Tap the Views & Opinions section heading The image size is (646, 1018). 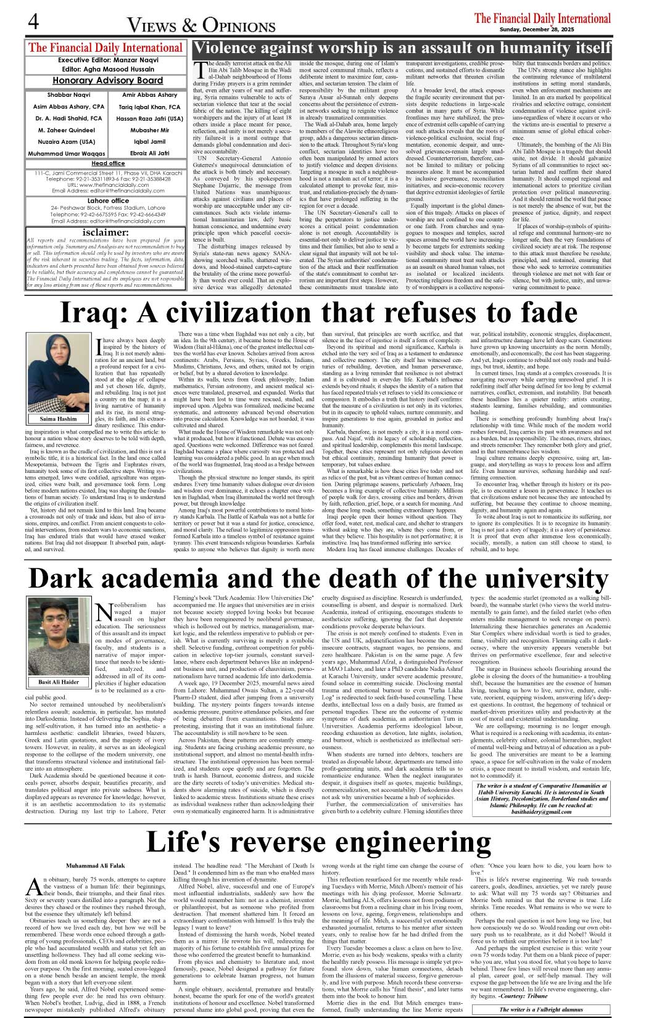(201, 25)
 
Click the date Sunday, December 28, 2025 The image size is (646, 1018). (542, 30)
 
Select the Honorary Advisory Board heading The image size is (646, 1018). (107, 81)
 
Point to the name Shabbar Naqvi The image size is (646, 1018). (68, 95)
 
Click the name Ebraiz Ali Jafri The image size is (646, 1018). (149, 153)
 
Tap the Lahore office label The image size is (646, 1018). (108, 201)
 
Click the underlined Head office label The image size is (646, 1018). (108, 163)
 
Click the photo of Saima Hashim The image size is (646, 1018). (59, 373)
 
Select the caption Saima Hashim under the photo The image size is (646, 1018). (59, 419)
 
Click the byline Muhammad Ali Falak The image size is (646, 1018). (96, 866)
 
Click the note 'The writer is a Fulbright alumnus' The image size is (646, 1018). (541, 1009)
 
